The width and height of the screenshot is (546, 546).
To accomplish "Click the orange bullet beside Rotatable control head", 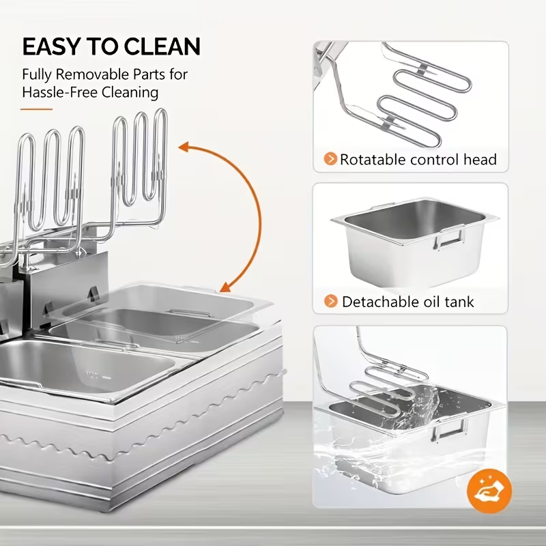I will [330, 160].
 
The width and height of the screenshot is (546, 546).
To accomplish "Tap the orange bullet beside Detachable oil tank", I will [330, 301].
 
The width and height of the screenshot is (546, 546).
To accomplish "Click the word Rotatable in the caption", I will [373, 160].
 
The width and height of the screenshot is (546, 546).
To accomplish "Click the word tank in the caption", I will [459, 301].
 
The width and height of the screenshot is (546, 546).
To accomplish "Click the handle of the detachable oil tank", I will [450, 238].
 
